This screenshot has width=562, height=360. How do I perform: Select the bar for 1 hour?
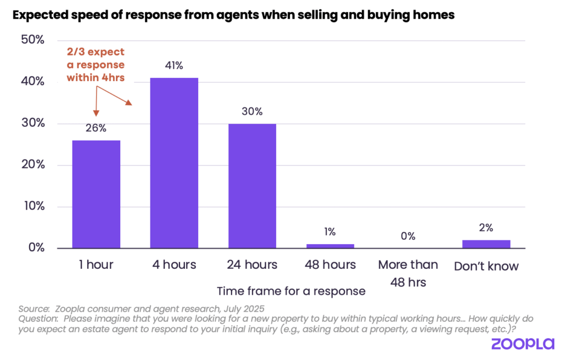(96, 194)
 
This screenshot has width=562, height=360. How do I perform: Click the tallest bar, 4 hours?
(174, 163)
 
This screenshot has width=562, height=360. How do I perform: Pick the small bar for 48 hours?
(330, 246)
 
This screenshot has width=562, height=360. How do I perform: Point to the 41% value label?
(174, 66)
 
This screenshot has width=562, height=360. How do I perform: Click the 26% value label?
(96, 128)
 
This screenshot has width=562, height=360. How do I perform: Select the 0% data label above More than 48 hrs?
(408, 237)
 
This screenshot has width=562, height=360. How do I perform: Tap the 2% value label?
(486, 228)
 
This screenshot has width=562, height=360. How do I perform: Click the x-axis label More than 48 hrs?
(408, 273)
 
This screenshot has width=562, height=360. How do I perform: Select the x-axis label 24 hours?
(252, 265)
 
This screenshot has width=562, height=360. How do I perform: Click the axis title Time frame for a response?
(291, 291)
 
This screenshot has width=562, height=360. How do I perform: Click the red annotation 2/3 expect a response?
(95, 65)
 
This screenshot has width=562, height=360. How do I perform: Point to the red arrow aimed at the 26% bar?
(95, 104)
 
